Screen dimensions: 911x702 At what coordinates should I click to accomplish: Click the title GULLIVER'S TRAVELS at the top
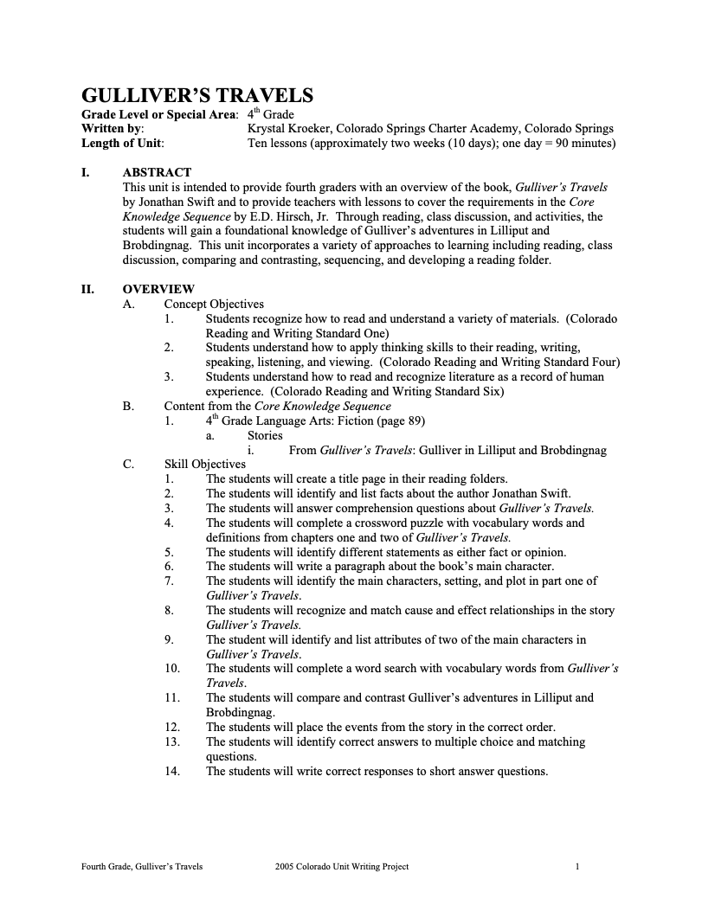[196, 96]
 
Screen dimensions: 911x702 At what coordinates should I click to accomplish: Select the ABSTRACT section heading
[157, 172]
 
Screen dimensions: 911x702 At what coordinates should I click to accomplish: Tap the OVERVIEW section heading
[158, 290]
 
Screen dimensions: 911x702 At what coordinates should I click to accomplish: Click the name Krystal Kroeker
[291, 129]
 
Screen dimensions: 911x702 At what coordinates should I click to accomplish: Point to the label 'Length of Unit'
[122, 144]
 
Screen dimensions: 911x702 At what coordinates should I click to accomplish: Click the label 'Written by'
[112, 129]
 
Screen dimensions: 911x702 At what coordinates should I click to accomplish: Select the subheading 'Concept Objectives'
[214, 305]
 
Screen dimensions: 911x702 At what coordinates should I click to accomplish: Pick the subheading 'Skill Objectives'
[205, 465]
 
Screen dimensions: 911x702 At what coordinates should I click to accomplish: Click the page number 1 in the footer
[577, 866]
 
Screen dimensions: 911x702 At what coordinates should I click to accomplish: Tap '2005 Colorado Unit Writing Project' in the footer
[341, 866]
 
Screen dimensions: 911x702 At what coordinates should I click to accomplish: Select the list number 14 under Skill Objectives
[171, 772]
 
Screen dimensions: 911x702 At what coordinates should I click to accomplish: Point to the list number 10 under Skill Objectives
[171, 668]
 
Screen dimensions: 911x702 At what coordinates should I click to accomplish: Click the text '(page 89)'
[396, 421]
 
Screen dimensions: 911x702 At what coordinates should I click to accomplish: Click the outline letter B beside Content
[127, 406]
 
